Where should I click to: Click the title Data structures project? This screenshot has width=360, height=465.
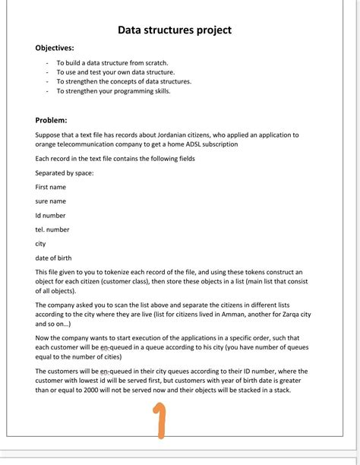tap(174, 30)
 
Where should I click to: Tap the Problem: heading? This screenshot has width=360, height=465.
tap(51, 120)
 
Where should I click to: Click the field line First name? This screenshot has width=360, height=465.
tap(51, 187)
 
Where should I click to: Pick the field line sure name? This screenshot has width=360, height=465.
tap(51, 201)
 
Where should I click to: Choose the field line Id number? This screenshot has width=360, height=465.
tap(50, 216)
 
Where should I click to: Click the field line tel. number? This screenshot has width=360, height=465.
tap(52, 229)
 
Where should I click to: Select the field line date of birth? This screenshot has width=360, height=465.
tap(54, 258)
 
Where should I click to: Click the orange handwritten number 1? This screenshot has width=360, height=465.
tap(158, 422)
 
